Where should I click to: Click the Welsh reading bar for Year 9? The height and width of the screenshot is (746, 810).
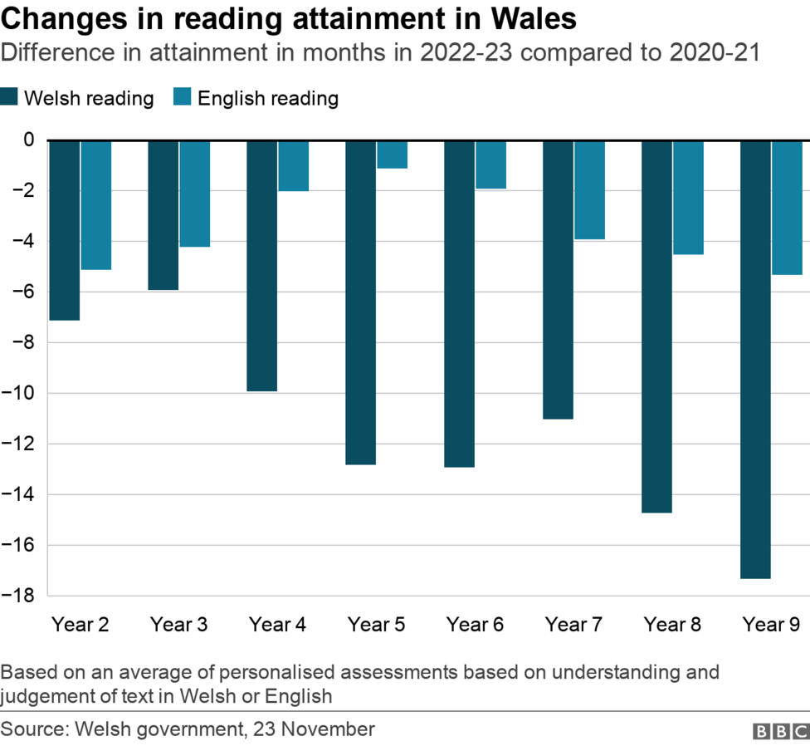click(755, 359)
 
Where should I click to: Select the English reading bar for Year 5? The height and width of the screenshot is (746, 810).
click(392, 155)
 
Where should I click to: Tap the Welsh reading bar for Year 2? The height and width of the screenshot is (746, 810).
click(64, 230)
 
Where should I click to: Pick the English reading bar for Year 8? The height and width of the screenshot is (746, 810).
click(688, 198)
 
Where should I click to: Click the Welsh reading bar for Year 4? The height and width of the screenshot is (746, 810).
click(261, 266)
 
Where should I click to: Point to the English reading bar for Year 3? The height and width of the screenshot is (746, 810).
click(194, 194)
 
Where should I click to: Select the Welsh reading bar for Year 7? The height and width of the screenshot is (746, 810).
click(558, 279)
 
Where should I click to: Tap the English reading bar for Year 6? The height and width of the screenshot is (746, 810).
click(490, 164)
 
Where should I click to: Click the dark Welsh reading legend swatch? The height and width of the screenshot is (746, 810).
click(10, 98)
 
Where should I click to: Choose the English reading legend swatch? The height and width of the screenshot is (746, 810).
click(183, 98)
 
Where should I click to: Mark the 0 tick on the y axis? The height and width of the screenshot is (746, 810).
click(29, 140)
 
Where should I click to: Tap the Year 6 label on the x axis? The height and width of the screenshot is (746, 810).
click(475, 625)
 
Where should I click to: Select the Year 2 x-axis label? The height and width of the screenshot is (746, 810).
click(81, 625)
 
